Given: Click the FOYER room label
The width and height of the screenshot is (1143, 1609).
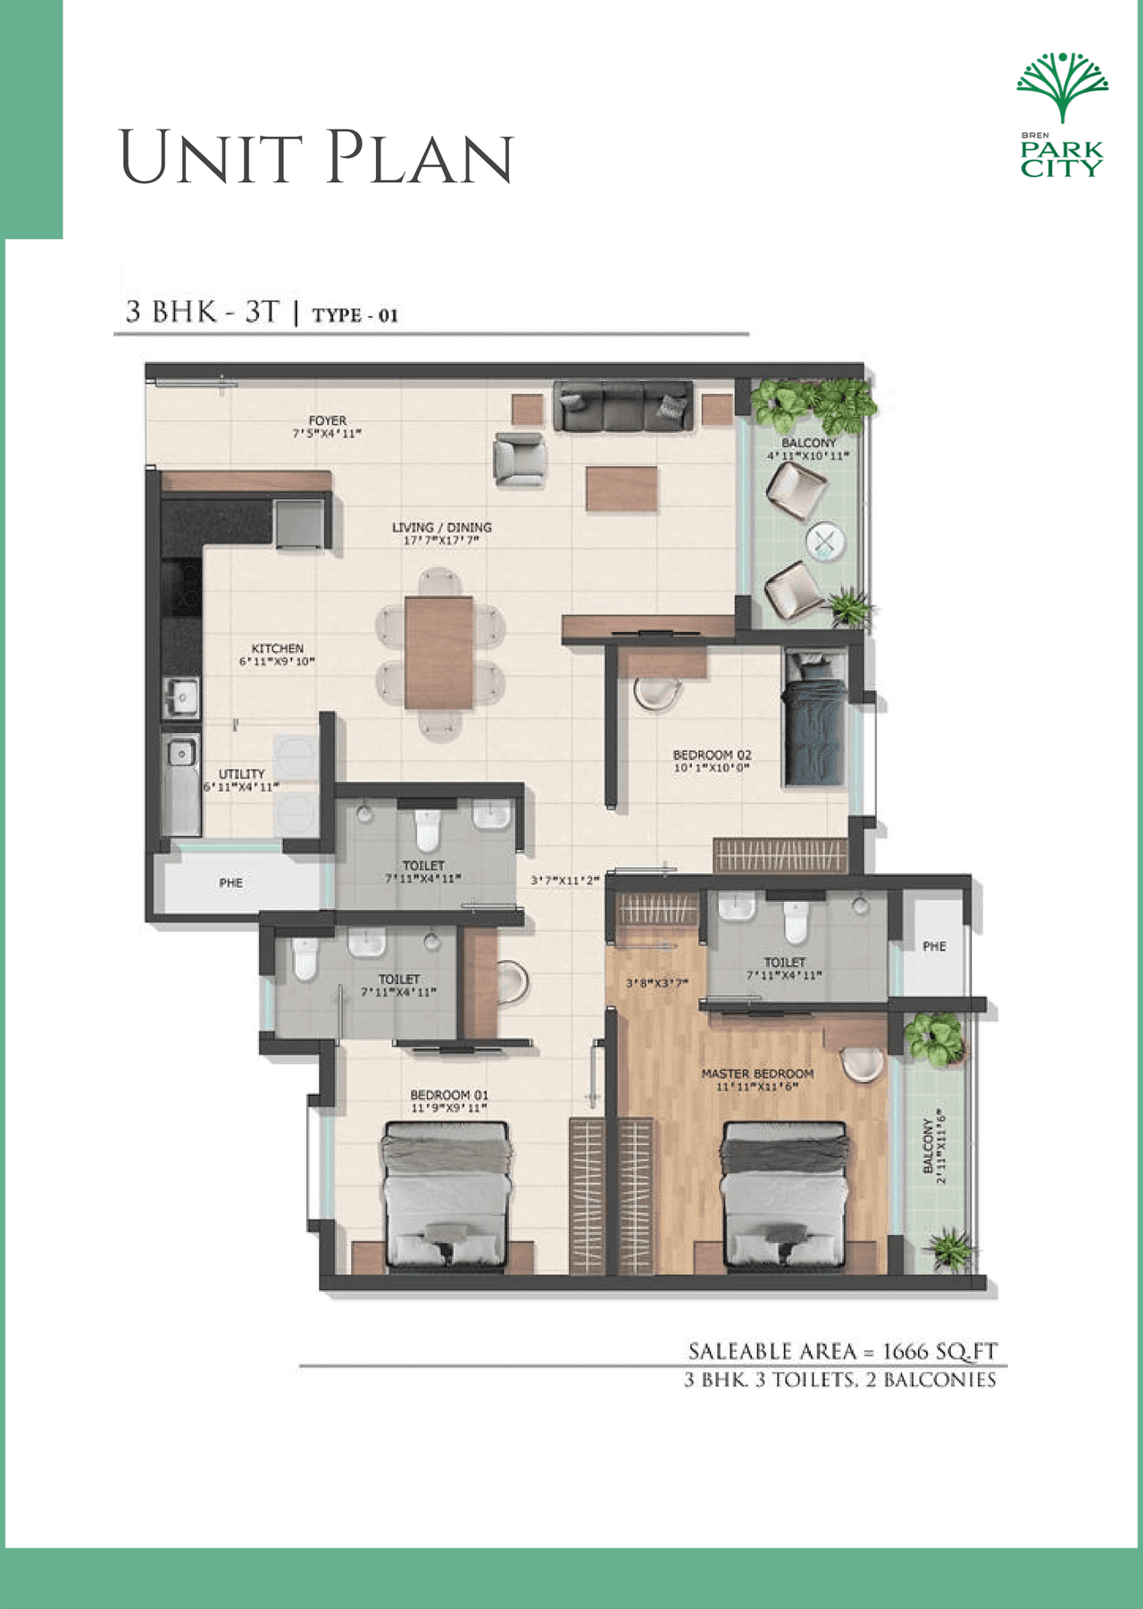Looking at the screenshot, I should [327, 421].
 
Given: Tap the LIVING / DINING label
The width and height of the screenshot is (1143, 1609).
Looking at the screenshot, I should [441, 528].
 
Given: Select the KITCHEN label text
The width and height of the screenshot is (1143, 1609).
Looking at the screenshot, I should [277, 649].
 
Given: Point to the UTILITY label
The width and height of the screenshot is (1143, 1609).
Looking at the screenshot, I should [241, 774].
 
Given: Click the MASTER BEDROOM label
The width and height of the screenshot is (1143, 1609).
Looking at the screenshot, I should [757, 1074].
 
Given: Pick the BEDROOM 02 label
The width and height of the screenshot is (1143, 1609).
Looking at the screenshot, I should [712, 755].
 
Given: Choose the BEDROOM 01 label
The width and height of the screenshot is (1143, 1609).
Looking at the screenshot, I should [449, 1096].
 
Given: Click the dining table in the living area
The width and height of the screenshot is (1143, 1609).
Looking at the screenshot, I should [438, 653].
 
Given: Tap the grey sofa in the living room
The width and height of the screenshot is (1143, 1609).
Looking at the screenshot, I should [623, 406].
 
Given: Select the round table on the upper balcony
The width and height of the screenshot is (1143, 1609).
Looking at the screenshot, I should [825, 541].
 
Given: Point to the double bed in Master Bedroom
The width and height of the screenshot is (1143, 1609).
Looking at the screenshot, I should [784, 1196].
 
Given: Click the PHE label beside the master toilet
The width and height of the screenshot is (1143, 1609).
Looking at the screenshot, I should [934, 946].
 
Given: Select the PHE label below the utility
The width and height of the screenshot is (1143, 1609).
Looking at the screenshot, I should [230, 883].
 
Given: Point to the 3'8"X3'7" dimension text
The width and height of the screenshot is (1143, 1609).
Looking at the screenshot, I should [655, 984].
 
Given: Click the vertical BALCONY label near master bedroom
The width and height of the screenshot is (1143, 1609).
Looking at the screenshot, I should [928, 1147].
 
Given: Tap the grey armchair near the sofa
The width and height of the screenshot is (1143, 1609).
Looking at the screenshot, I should [520, 459].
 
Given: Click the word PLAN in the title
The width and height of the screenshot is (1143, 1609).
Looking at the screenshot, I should [419, 158].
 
